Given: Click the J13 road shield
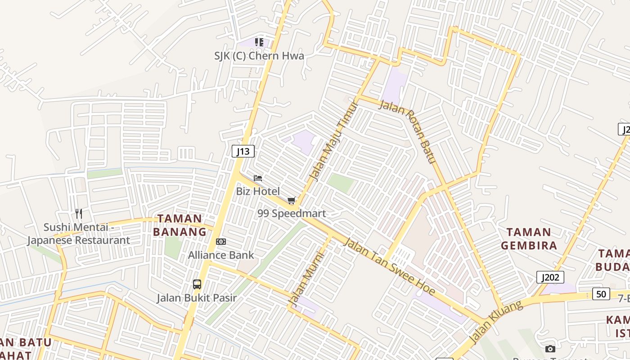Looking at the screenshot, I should tap(243, 151).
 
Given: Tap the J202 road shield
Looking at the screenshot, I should tap(550, 277).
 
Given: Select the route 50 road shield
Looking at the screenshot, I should tap(601, 294).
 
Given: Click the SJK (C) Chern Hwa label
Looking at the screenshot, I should tap(259, 56).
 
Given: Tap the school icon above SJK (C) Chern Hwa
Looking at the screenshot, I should tap(259, 42).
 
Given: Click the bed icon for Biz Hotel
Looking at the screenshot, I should tap(258, 178).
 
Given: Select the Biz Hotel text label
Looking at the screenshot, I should tap(258, 191).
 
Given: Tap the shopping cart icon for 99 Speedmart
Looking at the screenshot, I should tap(292, 200).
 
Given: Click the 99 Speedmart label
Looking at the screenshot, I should tap(292, 213).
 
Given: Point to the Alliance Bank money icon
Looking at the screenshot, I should tap(220, 242).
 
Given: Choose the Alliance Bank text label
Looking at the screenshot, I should tap(221, 255).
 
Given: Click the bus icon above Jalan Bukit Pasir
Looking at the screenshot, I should tap(197, 284).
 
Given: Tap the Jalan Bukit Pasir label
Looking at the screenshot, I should tap(197, 298).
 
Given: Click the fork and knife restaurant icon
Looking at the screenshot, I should tap(79, 213).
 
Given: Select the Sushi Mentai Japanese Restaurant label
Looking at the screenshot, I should tap(79, 234).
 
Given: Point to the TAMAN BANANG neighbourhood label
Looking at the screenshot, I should tap(180, 225).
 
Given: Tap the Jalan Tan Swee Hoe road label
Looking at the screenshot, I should tap(389, 267).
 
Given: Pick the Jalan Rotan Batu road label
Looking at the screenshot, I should tap(409, 131).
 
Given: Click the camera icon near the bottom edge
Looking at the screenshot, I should tap(550, 349).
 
